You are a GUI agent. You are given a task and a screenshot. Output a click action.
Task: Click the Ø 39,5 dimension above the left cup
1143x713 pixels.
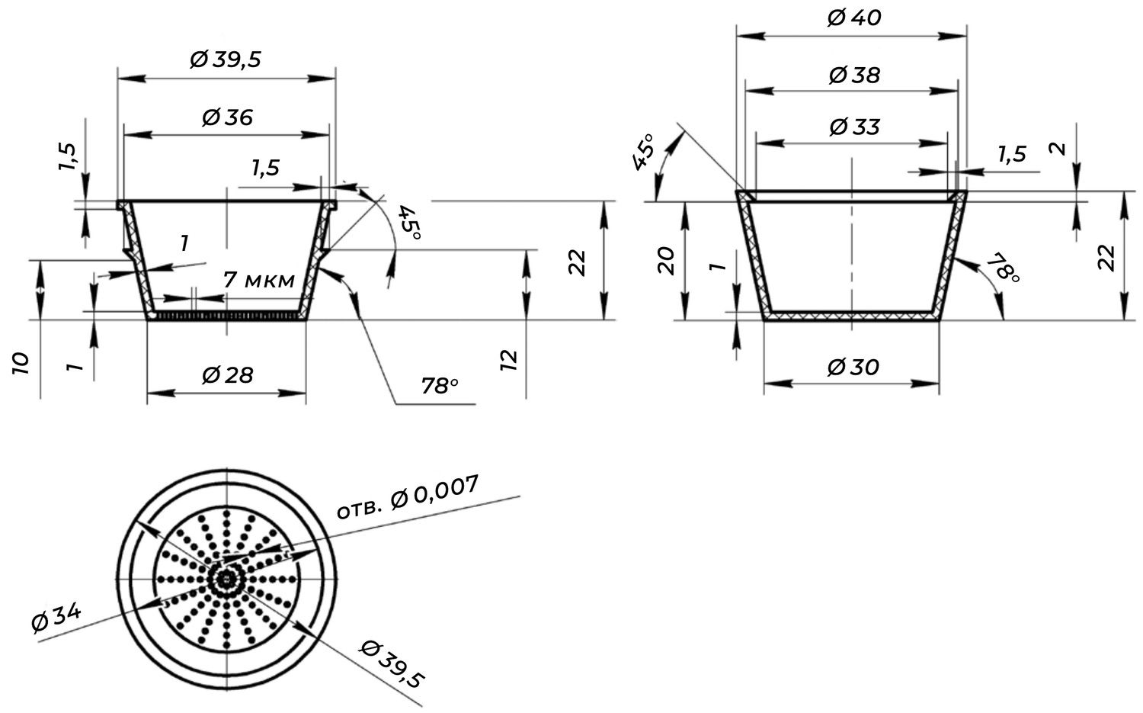(x=226, y=59)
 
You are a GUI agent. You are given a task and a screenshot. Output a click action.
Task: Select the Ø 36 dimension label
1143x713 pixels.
(x=227, y=117)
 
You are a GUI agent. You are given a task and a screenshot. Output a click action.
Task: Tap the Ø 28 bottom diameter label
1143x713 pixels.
(x=227, y=375)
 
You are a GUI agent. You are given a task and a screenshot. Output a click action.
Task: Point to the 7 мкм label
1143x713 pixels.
(x=259, y=280)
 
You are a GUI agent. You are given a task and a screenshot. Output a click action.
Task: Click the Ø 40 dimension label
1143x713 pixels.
(x=853, y=18)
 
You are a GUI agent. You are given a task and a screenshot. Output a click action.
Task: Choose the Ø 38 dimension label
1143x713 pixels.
(x=854, y=75)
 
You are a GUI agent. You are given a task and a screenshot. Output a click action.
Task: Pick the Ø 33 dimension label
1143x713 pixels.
(x=854, y=127)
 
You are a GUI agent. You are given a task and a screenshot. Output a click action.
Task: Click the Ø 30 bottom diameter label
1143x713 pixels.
(x=853, y=368)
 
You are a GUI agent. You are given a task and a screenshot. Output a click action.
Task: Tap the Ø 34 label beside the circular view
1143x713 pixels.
(x=56, y=617)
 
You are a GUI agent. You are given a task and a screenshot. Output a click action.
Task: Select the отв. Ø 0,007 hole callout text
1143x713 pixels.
(x=407, y=497)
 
